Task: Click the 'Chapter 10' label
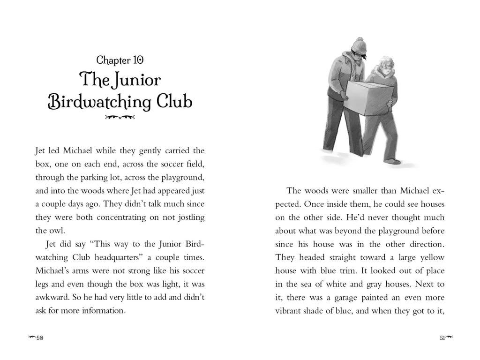[120, 60]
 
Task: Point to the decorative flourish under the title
[120, 117]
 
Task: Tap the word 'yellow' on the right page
[430, 257]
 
